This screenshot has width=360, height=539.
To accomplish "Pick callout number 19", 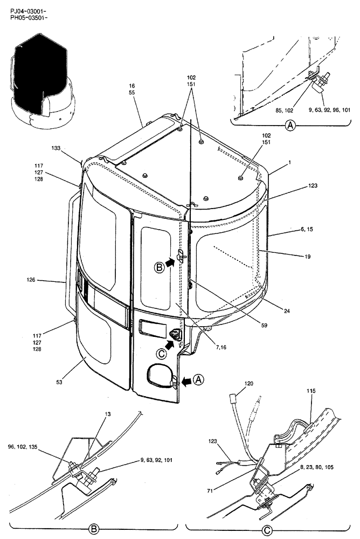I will point(307,257).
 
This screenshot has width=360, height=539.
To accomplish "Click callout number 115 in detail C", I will point(311,405).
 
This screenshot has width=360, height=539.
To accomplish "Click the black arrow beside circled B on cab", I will point(169,262).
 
